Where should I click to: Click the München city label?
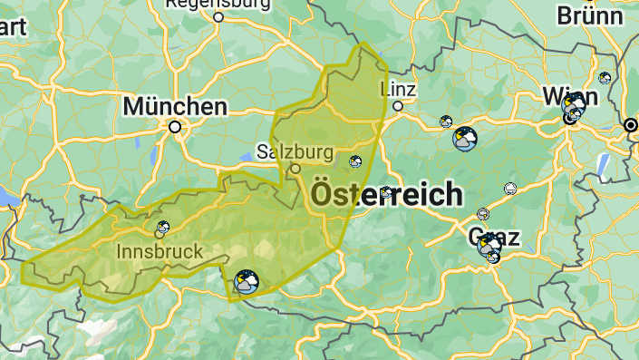175,106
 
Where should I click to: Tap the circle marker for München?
175,128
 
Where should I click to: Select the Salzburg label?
295,151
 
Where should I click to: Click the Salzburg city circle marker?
295,169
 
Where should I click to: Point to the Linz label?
398,89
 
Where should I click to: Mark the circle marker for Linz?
397,106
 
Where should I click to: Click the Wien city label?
569,95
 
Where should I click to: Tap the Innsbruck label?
160,249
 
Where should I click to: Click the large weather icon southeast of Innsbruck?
246,282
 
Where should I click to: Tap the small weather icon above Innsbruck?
164,227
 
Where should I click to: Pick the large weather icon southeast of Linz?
465,139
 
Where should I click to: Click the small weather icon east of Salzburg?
355,161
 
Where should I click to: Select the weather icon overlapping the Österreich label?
387,192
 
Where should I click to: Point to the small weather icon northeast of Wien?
605,78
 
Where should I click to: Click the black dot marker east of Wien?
631,124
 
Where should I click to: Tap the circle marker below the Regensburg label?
219,16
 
